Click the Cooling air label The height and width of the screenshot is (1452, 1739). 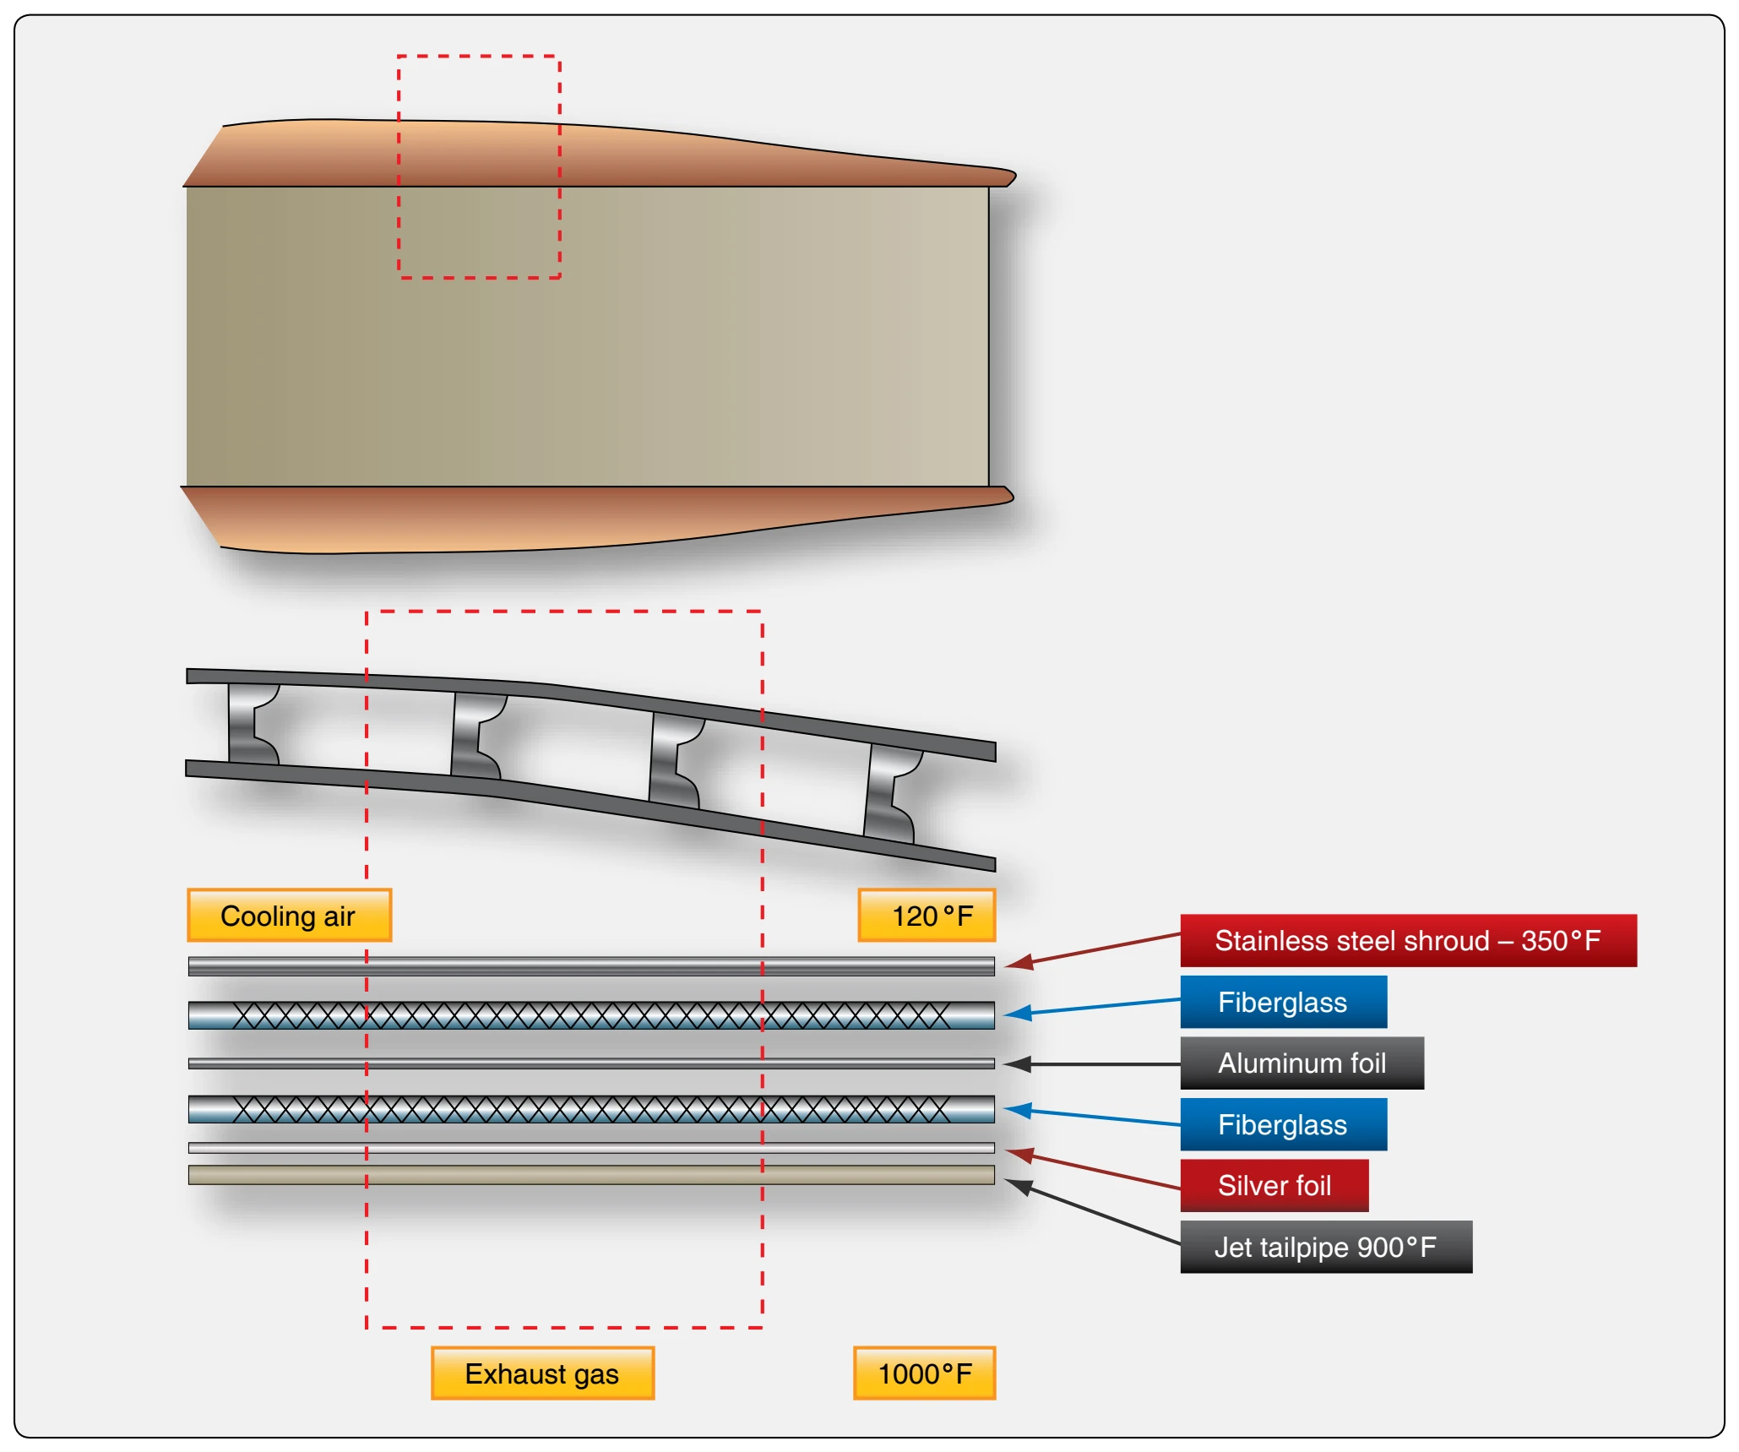tap(289, 915)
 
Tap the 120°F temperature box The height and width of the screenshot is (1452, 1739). tap(927, 915)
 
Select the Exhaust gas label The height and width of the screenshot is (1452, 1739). tap(542, 1373)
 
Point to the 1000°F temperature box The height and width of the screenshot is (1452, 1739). tap(924, 1373)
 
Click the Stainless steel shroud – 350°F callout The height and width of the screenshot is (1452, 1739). tap(1408, 940)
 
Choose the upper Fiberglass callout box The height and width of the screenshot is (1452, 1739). tap(1283, 1002)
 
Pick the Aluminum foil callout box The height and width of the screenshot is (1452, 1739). tap(1302, 1063)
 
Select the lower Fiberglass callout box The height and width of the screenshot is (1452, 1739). tap(1283, 1124)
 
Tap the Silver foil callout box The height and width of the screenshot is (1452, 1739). tap(1274, 1185)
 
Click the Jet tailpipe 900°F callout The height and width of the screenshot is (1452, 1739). tap(1326, 1247)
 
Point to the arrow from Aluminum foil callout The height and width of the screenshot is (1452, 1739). tap(1091, 1064)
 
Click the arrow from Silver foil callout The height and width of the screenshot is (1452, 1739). tap(1092, 1168)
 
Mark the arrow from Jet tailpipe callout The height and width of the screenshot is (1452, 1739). tap(1091, 1211)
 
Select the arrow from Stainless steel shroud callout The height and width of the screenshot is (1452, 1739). tap(1092, 949)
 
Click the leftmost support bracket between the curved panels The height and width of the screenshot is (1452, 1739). tap(251, 724)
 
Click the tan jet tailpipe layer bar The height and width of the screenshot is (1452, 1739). tap(591, 1175)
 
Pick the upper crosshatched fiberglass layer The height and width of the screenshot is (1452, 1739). tap(591, 1015)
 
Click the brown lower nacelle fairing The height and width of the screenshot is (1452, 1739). tap(591, 517)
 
